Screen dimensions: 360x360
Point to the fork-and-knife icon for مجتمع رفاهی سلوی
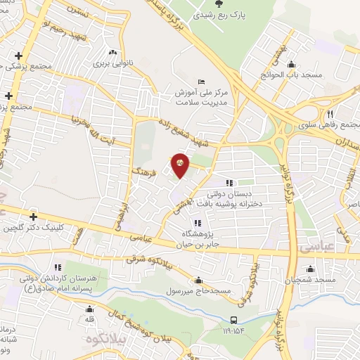pyautogui.click(x=328, y=114)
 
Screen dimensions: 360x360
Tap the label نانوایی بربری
pyautogui.click(x=113, y=62)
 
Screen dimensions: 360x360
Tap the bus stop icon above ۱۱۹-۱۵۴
pyautogui.click(x=234, y=319)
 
